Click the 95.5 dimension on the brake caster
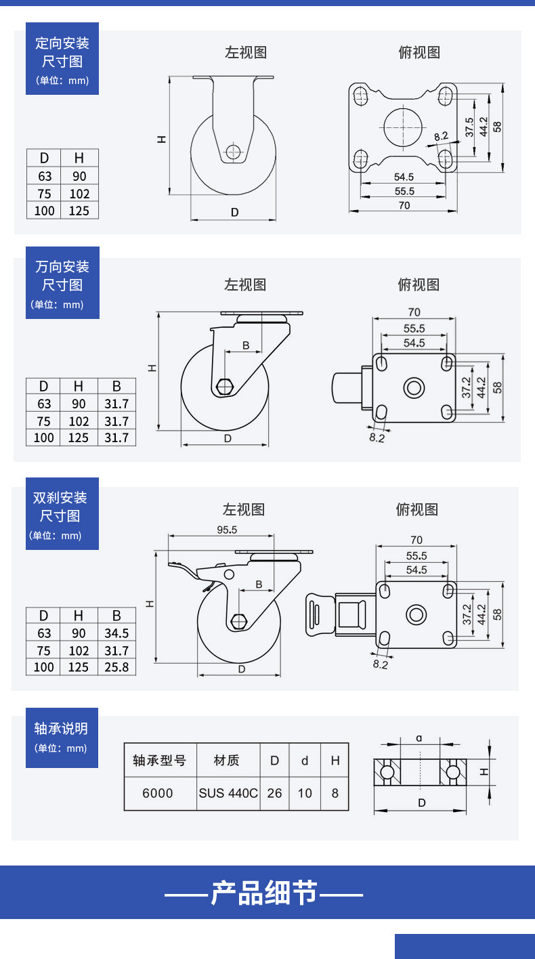click(x=227, y=530)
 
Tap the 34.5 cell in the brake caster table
click(x=116, y=633)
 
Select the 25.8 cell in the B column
click(x=116, y=667)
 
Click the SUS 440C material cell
click(x=228, y=793)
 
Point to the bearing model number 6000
click(x=158, y=793)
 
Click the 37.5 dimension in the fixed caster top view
click(x=469, y=127)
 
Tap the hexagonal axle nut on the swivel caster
click(x=224, y=386)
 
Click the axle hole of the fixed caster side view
click(x=233, y=151)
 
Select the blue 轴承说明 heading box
click(x=62, y=738)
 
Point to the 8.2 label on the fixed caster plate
click(x=441, y=137)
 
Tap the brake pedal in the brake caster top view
click(x=320, y=614)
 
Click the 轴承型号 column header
click(x=159, y=761)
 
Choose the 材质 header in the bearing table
click(x=226, y=761)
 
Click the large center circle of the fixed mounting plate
click(x=403, y=127)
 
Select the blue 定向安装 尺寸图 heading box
click(x=62, y=59)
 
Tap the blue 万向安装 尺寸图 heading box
click(x=62, y=282)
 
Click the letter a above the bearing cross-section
click(x=419, y=738)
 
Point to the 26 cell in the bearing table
click(x=274, y=793)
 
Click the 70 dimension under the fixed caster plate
click(x=404, y=205)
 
